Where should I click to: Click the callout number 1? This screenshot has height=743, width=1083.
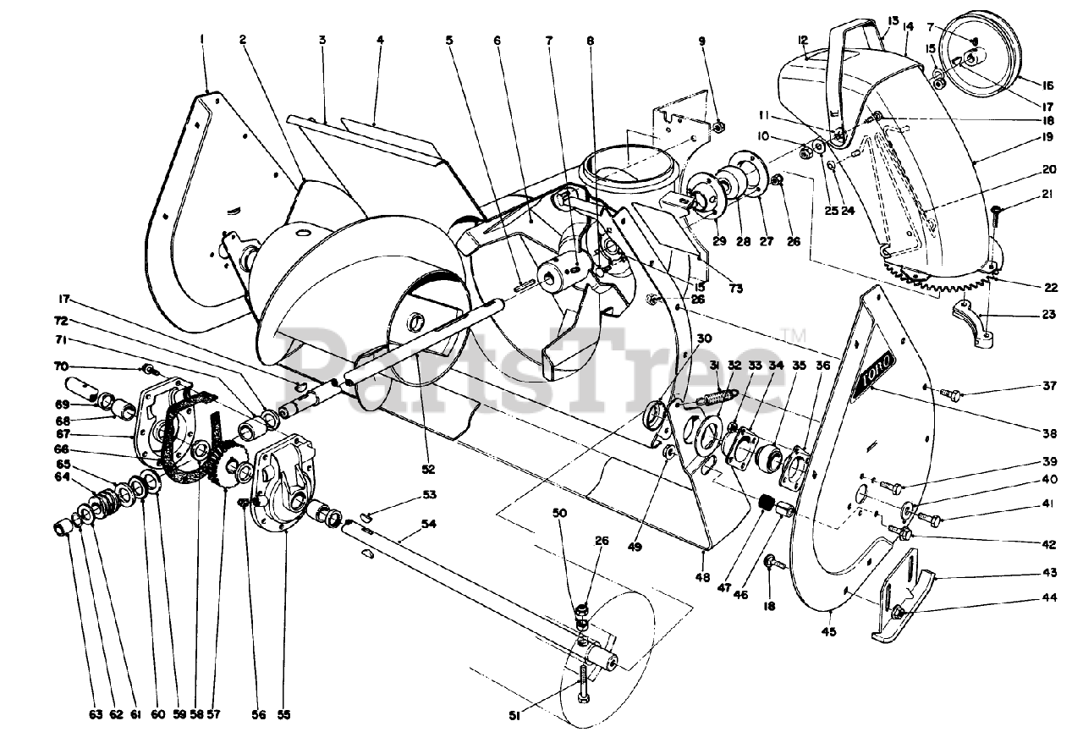point(202,38)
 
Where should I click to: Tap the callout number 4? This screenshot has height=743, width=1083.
point(380,39)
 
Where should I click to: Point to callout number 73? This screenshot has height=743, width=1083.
point(735,289)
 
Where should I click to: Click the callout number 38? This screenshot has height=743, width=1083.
point(1050,433)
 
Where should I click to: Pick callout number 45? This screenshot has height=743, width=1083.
point(832,630)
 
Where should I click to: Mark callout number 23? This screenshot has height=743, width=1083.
point(1050,316)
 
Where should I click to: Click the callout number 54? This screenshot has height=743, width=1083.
point(429,526)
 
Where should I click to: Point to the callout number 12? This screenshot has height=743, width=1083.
point(802,39)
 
